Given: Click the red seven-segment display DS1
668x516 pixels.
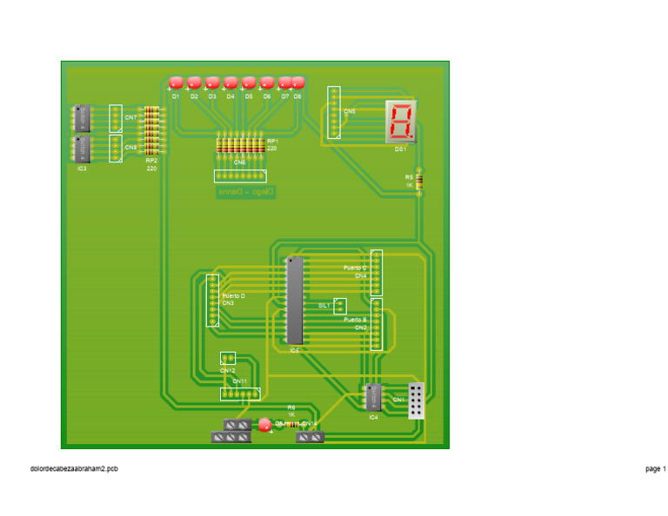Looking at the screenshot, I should point(401,122).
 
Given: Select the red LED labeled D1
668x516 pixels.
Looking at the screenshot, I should point(176,83).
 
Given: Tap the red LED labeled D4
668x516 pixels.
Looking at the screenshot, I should point(230,83).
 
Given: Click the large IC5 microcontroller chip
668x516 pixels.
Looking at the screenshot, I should point(295,300).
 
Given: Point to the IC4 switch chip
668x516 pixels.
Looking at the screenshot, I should point(373,397).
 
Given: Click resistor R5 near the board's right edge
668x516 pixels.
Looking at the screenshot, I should point(419,181).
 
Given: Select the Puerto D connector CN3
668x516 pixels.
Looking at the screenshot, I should point(212,300).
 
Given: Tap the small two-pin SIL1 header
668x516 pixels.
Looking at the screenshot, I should point(340,306).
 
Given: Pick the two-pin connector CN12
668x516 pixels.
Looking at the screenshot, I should point(228,358).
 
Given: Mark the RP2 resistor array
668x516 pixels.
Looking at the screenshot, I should point(151,129).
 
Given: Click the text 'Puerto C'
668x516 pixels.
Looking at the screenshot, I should point(355,268).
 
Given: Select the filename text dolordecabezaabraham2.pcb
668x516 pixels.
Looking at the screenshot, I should point(73,468).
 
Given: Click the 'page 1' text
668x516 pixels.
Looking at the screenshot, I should point(655,468).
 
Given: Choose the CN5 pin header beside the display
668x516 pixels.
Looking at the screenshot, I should point(334,113).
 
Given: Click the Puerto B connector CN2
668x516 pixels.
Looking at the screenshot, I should point(377,324).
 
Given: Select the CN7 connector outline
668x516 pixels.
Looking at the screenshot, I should point(116,117).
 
